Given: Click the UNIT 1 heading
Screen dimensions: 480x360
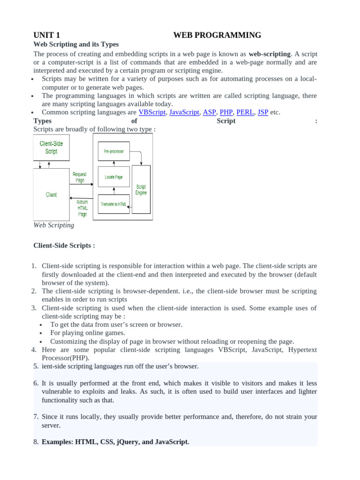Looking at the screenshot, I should pos(46,35).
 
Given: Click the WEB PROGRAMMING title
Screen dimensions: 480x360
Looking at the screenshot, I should pos(217,35).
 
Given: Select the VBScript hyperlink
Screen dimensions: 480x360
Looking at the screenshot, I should pos(152,112).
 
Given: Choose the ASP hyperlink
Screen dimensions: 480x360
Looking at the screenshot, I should pos(209,112).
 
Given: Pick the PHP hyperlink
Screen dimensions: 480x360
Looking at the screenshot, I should pos(226,112).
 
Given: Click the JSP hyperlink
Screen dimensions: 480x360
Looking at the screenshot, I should pos(263,112).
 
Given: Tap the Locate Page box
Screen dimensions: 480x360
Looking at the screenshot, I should pos(113,177).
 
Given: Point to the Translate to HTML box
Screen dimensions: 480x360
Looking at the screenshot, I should pos(113,204).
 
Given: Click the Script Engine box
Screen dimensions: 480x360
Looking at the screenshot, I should pos(141,189).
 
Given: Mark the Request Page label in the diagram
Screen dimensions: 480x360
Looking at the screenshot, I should pos(80,177).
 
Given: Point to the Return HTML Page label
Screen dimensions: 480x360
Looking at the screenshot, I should pos(82,208).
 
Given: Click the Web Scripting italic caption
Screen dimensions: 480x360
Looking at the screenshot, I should pos(53,225).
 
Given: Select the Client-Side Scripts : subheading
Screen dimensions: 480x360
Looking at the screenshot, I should pos(64,245).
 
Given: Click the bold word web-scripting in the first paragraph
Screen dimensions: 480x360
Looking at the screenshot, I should pos(270,53).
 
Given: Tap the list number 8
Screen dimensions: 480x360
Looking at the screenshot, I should pos(36,442).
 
